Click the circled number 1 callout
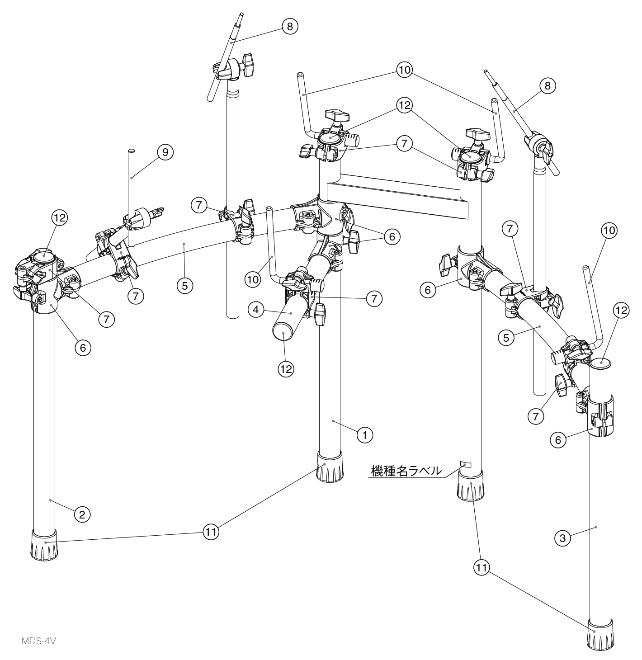click(x=364, y=434)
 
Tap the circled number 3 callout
click(x=562, y=538)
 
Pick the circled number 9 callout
click(x=165, y=152)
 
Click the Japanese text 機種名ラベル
click(x=406, y=470)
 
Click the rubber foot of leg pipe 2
click(x=44, y=545)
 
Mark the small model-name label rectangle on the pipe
click(x=465, y=464)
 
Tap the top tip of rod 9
click(x=131, y=151)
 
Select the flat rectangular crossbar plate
click(x=398, y=197)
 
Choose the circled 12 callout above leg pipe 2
click(x=60, y=217)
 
